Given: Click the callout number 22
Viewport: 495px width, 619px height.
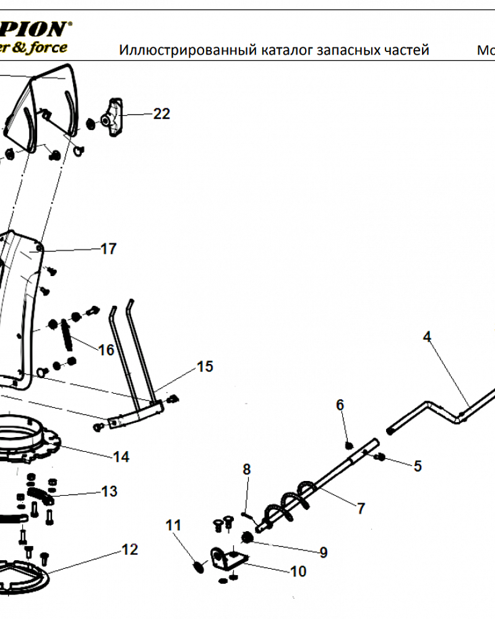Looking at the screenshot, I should (x=161, y=114).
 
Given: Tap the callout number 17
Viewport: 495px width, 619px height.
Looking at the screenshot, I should (x=108, y=249).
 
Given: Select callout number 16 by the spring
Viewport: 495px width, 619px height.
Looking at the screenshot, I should (x=106, y=350).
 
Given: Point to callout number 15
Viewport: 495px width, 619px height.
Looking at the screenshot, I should (x=205, y=366).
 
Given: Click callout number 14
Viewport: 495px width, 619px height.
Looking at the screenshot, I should (x=121, y=457).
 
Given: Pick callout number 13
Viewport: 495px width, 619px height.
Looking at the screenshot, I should (x=109, y=491).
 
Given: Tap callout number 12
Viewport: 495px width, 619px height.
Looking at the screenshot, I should (x=130, y=549).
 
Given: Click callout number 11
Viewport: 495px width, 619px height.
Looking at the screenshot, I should (x=174, y=526).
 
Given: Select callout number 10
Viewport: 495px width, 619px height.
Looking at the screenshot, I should (x=298, y=571).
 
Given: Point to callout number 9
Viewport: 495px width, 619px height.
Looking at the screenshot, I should (x=323, y=553).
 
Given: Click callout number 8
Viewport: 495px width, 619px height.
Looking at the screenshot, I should (x=246, y=469).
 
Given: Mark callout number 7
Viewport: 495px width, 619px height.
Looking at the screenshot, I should (x=361, y=508).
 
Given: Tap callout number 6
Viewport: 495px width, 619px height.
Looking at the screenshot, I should (x=340, y=405).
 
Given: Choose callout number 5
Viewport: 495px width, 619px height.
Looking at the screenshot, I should (x=418, y=465).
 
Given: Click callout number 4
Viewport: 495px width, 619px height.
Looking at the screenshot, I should (x=427, y=337).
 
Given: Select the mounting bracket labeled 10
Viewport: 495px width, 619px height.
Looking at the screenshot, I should (x=228, y=557).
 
